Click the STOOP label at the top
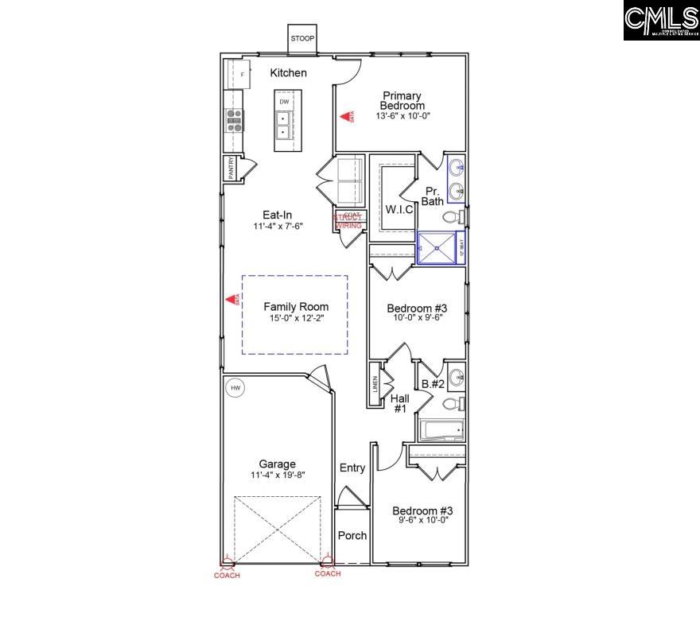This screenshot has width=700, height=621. [x=301, y=38]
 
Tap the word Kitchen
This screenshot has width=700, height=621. [x=288, y=73]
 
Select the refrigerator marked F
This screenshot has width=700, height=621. [x=242, y=75]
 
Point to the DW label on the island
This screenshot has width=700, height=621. [x=284, y=102]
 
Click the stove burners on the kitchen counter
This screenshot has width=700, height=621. [x=235, y=119]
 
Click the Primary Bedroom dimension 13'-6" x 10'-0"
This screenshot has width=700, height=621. [x=402, y=116]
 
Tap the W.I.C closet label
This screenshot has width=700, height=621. [x=399, y=209]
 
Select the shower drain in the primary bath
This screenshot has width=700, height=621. [x=438, y=247]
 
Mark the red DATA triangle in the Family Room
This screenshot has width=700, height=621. [x=234, y=300]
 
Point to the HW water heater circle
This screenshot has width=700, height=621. [x=235, y=388]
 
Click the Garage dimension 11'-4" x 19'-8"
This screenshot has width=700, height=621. [x=277, y=475]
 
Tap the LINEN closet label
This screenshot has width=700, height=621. [x=375, y=385]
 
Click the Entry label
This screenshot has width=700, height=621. [x=352, y=468]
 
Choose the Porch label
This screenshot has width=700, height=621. [x=352, y=535]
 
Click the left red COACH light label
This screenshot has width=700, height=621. [x=227, y=574]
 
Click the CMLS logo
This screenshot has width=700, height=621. [x=660, y=21]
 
